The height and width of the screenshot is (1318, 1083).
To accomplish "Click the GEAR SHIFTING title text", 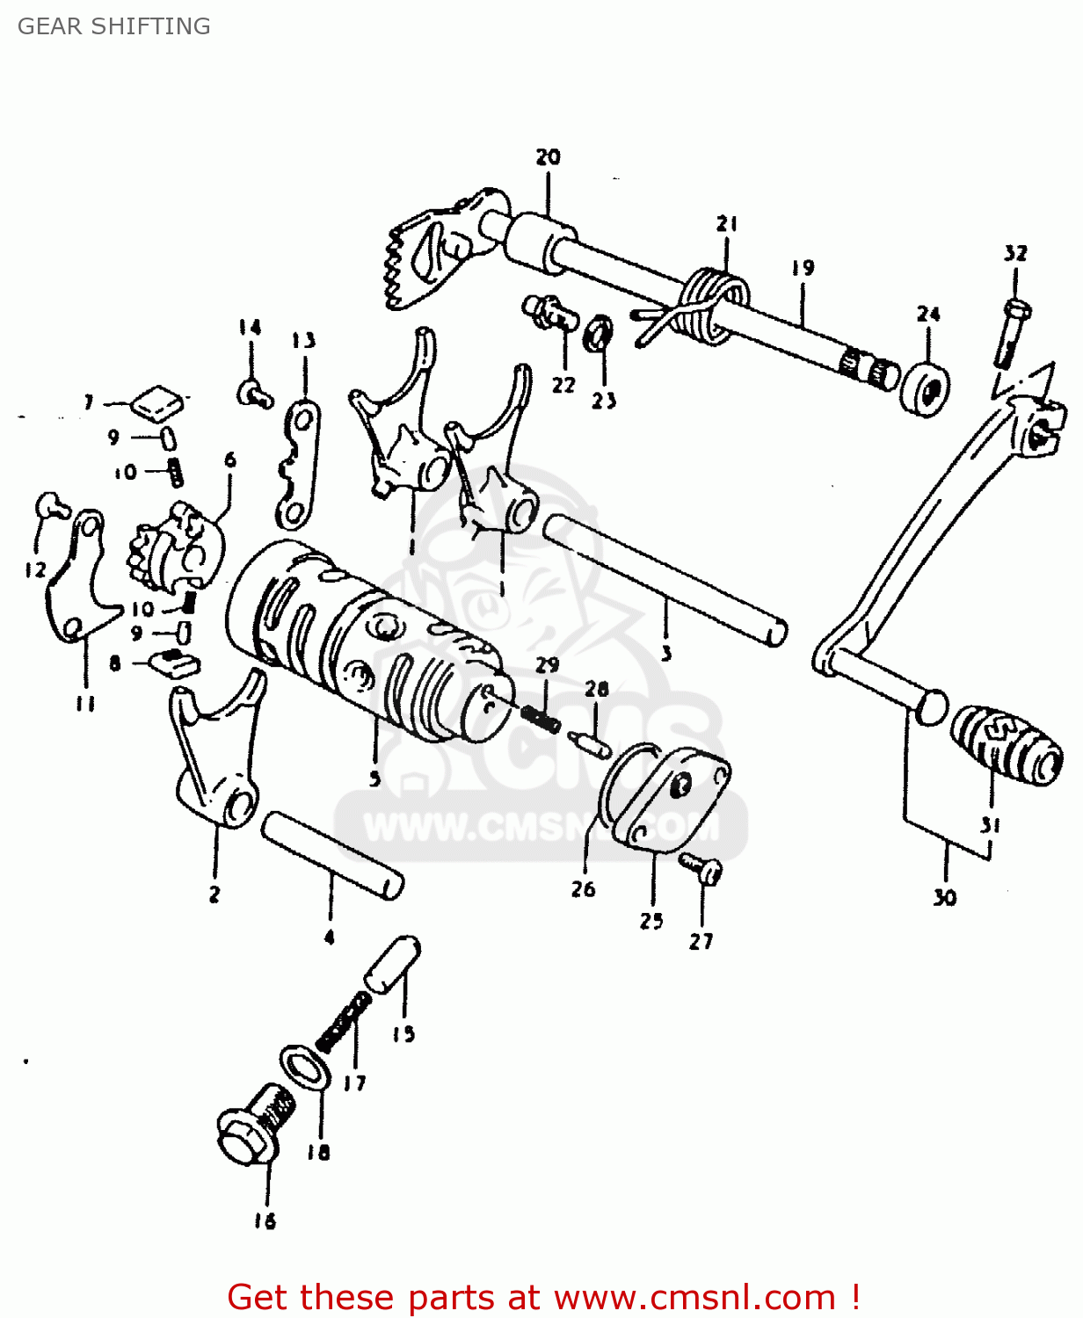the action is coord(114,26).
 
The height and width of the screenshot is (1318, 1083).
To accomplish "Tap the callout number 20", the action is coord(548,157).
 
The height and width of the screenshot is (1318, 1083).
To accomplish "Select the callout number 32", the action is coord(1015,254).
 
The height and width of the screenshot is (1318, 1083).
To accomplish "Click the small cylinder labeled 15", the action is coord(393,964).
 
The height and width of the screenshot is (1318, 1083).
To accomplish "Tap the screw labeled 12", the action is coord(52,506).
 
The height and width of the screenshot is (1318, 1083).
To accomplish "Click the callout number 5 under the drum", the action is coord(375,778).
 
